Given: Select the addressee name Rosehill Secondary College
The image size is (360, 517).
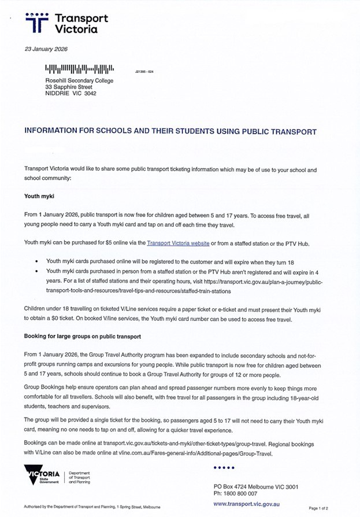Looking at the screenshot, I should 79,80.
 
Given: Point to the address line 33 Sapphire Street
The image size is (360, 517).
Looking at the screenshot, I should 69,87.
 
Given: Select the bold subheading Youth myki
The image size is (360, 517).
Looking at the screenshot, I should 39,196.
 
